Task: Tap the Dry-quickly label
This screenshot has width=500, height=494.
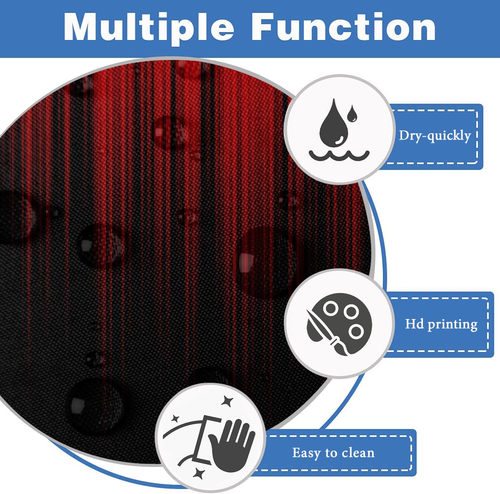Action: click(435, 135)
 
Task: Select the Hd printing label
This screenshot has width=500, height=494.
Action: click(441, 324)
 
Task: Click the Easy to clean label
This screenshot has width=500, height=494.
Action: click(333, 452)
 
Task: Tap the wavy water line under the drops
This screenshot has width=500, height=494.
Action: click(338, 156)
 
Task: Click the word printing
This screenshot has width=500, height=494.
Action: click(452, 324)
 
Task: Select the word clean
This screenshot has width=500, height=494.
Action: click(358, 452)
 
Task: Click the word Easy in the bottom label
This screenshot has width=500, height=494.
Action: click(306, 453)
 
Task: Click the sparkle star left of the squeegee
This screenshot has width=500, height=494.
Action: click(175, 417)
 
